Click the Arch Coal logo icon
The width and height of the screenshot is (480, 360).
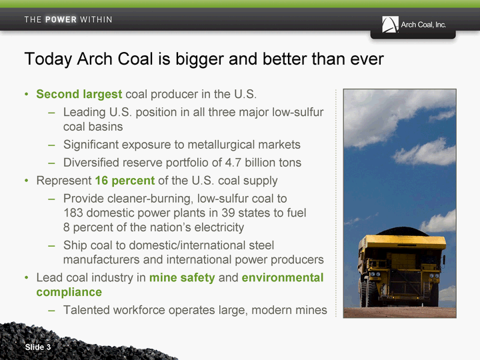tap(390, 25)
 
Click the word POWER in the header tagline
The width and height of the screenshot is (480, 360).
tap(61, 19)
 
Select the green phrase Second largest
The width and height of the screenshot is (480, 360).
tap(79, 94)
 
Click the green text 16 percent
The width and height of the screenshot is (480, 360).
tap(125, 181)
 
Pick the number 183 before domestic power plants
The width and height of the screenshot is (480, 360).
tap(73, 213)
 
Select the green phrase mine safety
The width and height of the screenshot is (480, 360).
tap(182, 277)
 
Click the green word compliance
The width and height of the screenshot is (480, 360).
tap(69, 293)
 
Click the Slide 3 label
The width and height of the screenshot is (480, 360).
tap(38, 347)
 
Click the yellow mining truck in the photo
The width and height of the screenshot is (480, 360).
tap(401, 269)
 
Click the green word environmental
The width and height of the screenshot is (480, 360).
tap(283, 277)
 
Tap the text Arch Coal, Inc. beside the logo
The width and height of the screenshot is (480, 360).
tap(423, 25)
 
